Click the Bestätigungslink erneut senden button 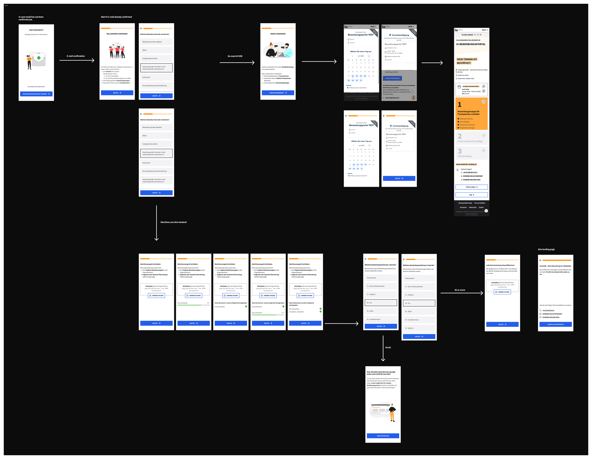pyautogui.click(x=36, y=94)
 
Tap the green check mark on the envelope pyautogui.click(x=39, y=58)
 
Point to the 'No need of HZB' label pyautogui.click(x=235, y=56)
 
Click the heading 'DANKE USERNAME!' pyautogui.click(x=278, y=34)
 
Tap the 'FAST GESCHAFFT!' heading pyautogui.click(x=36, y=30)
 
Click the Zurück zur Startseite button pyautogui.click(x=555, y=324)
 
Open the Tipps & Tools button pyautogui.click(x=471, y=187)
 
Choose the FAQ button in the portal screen pyautogui.click(x=471, y=195)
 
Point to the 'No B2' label pyautogui.click(x=388, y=347)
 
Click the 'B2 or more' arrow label pyautogui.click(x=460, y=290)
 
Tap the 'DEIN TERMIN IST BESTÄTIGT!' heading pyautogui.click(x=467, y=61)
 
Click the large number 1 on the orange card pyautogui.click(x=459, y=105)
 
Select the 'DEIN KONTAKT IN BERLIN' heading pyautogui.click(x=466, y=164)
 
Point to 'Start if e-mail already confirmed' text pyautogui.click(x=116, y=17)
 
